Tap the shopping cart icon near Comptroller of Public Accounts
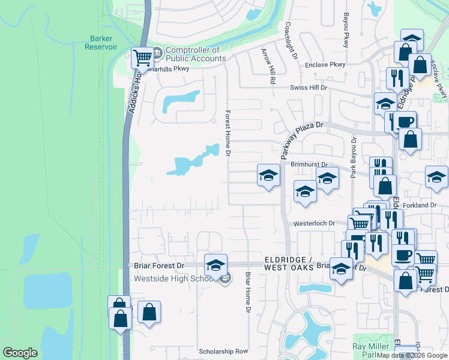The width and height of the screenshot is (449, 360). coord(142,58)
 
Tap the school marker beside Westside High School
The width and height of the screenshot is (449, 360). coord(215,265)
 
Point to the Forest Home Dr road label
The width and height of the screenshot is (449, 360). coord(228,133)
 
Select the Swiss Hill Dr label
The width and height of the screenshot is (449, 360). coord(308,88)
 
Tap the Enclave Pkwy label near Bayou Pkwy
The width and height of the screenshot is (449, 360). coord(329,64)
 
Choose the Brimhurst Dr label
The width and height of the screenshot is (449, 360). coord(309,164)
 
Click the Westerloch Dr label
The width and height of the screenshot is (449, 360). coord(313,223)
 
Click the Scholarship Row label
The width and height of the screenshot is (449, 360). coord(223,351)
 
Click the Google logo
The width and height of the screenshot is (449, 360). coord(20,353)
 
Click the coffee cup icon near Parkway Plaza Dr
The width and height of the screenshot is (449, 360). coord(405,121)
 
